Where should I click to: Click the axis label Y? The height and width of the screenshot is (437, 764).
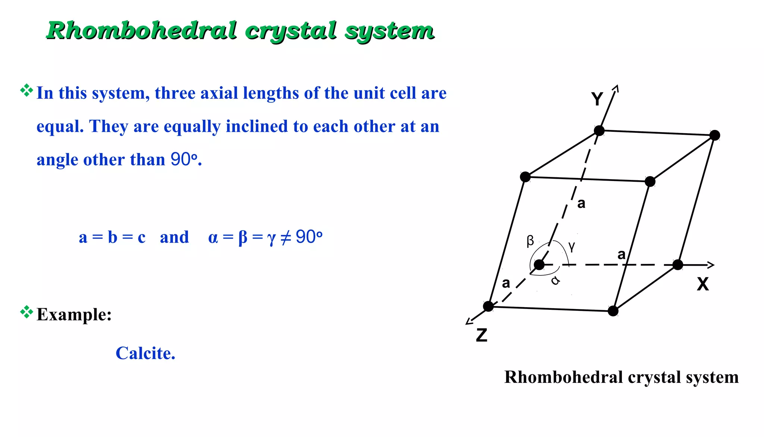click(597, 99)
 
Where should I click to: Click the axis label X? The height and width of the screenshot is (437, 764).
click(703, 284)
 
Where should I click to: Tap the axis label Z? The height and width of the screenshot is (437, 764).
click(482, 335)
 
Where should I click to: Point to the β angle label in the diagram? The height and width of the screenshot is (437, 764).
click(530, 241)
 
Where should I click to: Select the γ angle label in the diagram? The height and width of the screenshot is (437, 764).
click(572, 246)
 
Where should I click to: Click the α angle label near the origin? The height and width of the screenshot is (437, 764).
click(555, 280)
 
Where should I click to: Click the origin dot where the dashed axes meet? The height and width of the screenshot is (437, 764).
click(539, 265)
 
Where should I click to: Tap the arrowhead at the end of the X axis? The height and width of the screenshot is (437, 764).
click(711, 265)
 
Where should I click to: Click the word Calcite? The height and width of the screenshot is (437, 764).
click(145, 353)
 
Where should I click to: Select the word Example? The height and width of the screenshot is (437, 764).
click(73, 315)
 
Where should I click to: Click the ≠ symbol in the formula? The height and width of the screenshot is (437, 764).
click(285, 238)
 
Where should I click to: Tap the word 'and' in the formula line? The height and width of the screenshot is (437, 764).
click(174, 237)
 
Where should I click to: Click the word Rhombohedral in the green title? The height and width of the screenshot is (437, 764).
click(142, 31)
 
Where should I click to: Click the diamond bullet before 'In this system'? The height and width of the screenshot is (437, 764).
click(26, 90)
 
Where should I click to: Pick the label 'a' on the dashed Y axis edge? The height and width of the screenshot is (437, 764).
click(581, 204)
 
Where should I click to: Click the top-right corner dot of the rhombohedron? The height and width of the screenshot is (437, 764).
click(714, 135)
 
